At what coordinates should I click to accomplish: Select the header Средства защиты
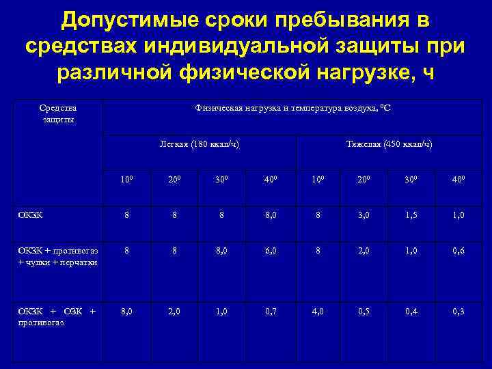pyautogui.click(x=58, y=113)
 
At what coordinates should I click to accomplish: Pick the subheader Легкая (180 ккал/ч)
pyautogui.click(x=199, y=144)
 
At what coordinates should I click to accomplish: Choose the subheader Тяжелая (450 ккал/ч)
pyautogui.click(x=389, y=144)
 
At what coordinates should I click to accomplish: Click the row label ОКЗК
pyautogui.click(x=31, y=214)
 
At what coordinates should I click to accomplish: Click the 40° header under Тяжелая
pyautogui.click(x=459, y=180)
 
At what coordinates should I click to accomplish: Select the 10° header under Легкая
pyautogui.click(x=126, y=180)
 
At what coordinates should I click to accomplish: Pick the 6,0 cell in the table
pyautogui.click(x=271, y=250)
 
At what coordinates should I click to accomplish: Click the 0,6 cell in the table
pyautogui.click(x=459, y=250)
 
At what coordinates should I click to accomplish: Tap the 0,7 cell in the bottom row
pyautogui.click(x=271, y=312)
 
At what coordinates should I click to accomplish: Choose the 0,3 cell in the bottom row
pyautogui.click(x=459, y=312)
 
